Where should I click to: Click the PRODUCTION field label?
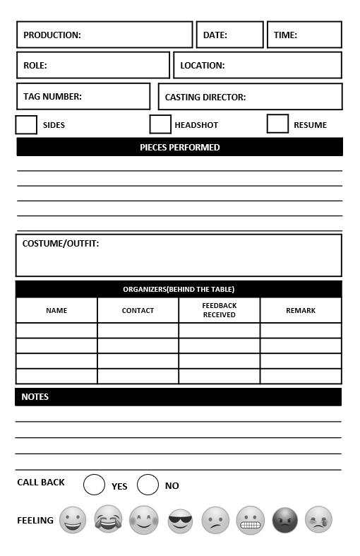tap(52, 35)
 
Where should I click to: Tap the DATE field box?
tap(229, 35)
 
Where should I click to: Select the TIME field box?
tap(304, 35)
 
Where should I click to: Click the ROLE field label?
tap(35, 66)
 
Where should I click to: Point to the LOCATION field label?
tap(203, 66)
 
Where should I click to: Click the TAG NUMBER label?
tap(52, 97)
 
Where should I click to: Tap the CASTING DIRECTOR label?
tap(205, 97)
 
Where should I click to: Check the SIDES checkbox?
tap(26, 125)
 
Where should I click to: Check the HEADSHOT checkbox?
tap(160, 124)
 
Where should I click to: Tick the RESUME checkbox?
tap(277, 124)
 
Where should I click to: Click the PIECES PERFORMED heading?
tap(180, 148)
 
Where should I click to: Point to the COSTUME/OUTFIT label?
tap(61, 244)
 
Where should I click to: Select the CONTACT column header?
tap(138, 311)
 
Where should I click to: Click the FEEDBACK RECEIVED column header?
tap(219, 310)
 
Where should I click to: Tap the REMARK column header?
tap(301, 311)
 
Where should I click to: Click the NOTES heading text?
tap(35, 397)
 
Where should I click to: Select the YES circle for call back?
tap(94, 485)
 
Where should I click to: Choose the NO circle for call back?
tap(148, 485)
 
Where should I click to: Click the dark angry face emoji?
tap(284, 521)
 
